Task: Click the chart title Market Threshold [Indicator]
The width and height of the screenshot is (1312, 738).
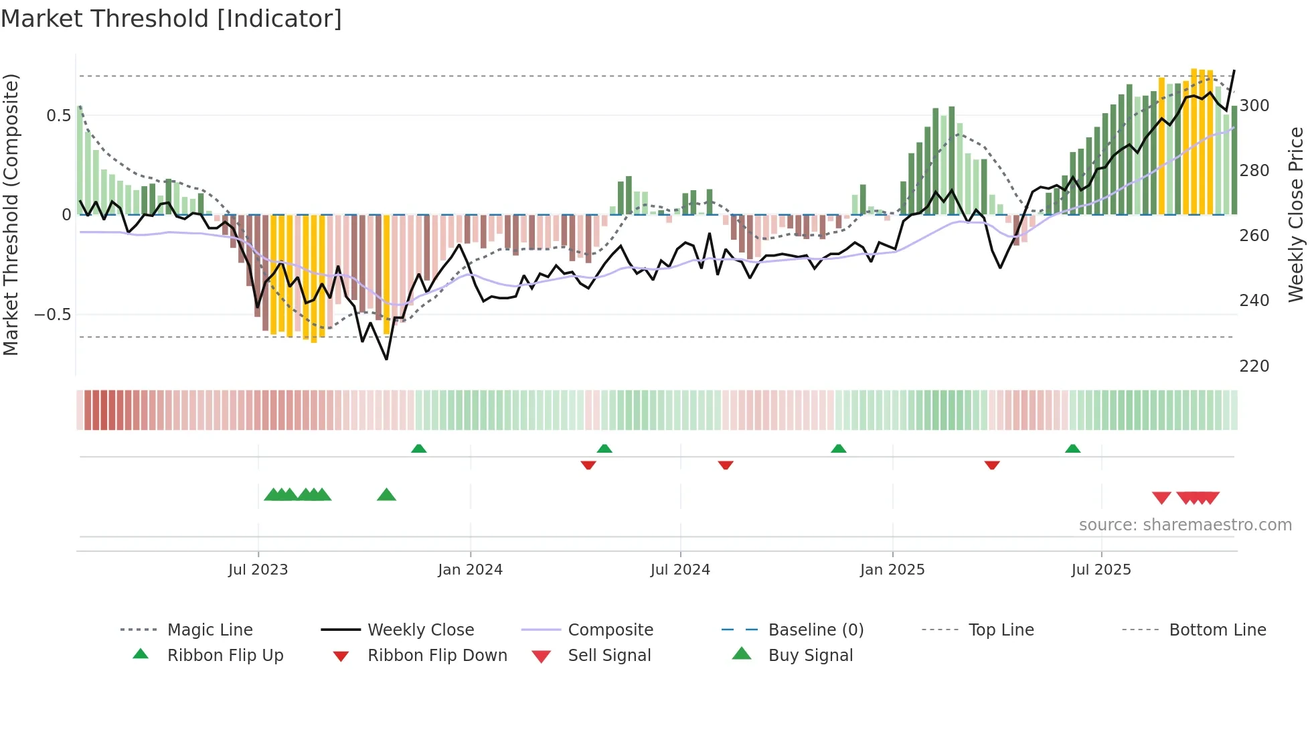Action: (x=171, y=19)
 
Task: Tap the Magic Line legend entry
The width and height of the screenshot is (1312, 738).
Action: (x=210, y=630)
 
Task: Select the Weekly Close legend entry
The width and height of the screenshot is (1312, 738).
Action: (x=420, y=630)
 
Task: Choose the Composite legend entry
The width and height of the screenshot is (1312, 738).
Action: (x=610, y=630)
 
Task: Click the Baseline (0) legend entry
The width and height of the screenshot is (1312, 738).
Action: (x=815, y=630)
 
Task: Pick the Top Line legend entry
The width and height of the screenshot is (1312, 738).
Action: (x=1001, y=630)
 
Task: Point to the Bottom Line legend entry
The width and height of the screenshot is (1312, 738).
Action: (x=1217, y=630)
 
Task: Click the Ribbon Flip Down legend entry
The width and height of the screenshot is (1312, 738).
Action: (x=436, y=656)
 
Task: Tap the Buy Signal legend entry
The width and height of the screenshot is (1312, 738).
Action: (x=810, y=656)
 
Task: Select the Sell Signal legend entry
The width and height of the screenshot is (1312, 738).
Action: (x=608, y=656)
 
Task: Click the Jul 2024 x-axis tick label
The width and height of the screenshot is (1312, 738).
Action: (x=680, y=570)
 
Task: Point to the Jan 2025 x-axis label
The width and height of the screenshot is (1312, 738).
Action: (x=892, y=570)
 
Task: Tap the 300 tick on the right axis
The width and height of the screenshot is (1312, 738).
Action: (x=1254, y=106)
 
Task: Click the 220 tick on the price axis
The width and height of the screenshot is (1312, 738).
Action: (x=1254, y=366)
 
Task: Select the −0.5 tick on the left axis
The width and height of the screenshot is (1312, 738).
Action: (x=52, y=315)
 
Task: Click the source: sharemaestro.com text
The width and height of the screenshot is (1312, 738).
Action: (x=1185, y=525)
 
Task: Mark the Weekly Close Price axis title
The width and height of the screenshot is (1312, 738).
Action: (x=1297, y=214)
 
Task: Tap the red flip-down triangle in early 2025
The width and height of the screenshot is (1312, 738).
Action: (x=992, y=465)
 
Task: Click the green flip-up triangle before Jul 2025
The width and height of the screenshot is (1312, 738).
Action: (x=1072, y=449)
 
